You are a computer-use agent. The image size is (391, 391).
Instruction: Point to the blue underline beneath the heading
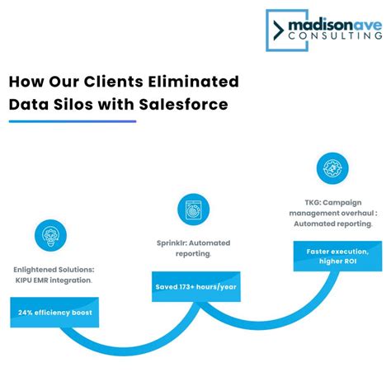73,121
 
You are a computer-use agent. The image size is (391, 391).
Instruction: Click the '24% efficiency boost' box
55,313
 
